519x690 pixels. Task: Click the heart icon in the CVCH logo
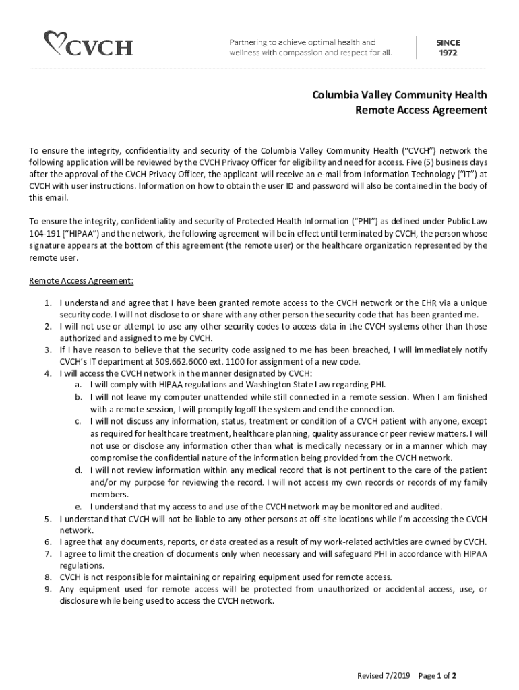coord(55,42)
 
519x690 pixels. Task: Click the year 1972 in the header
coord(448,52)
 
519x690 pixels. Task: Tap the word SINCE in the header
coord(448,41)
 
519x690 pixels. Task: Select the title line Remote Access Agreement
coord(421,111)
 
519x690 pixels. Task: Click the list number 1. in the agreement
coord(49,303)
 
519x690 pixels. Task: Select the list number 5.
coord(49,519)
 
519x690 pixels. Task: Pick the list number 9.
coord(49,590)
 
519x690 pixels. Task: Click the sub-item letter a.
coord(78,384)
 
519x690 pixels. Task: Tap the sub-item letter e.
coord(78,507)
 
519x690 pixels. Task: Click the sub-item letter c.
coord(78,421)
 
